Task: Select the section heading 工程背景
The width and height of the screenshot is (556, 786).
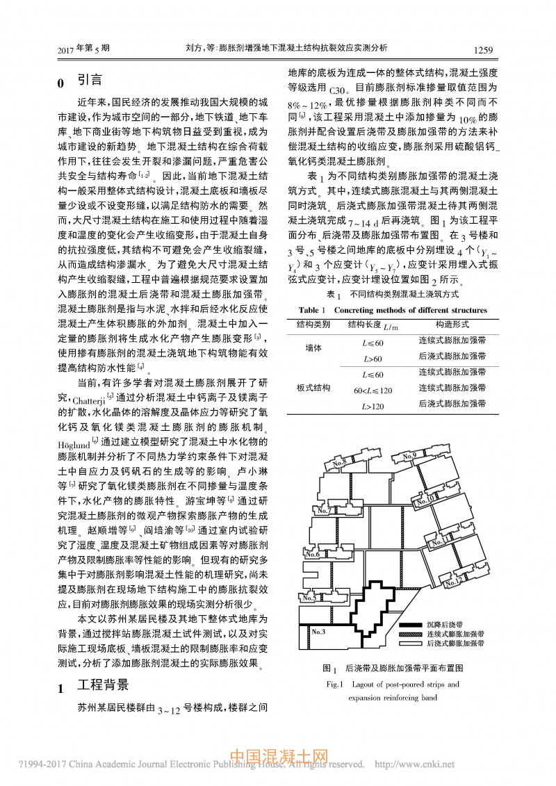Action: pyautogui.click(x=104, y=685)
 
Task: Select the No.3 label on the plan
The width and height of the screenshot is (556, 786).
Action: pyautogui.click(x=320, y=632)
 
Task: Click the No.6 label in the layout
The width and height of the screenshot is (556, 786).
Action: pyautogui.click(x=311, y=555)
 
